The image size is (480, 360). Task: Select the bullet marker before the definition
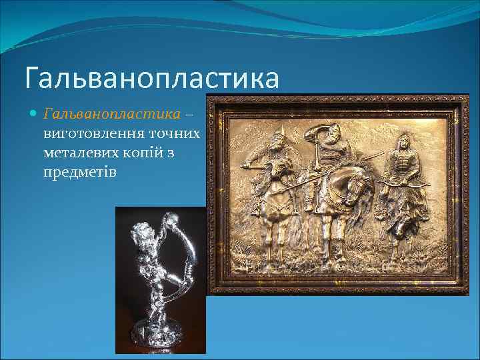[x=34, y=114]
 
